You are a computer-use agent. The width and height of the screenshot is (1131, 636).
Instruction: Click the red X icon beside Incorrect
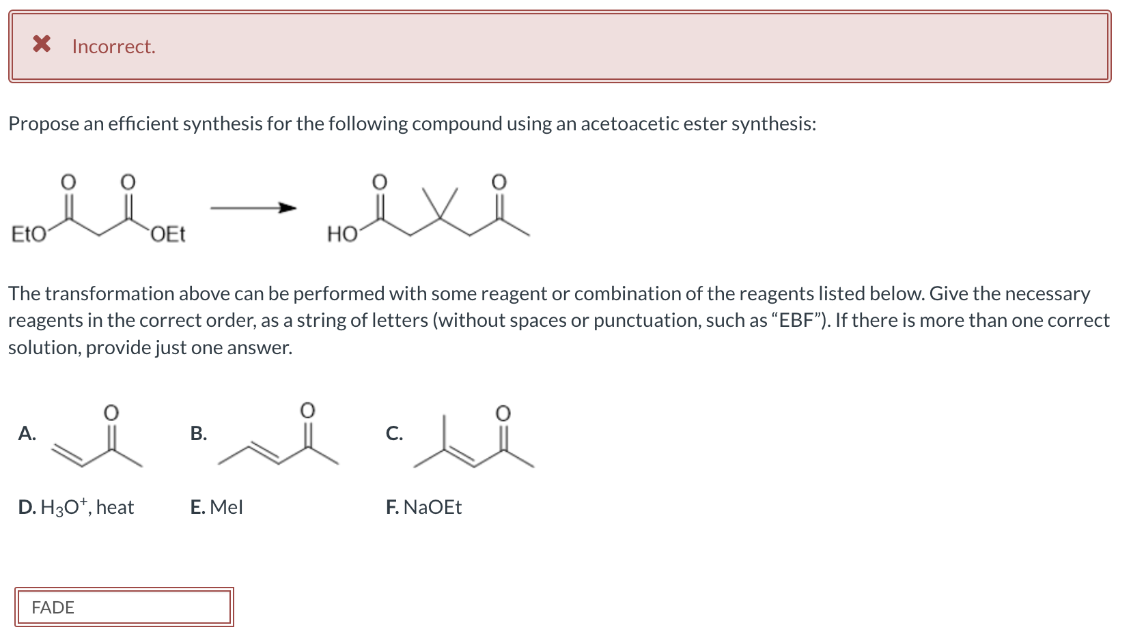tap(42, 44)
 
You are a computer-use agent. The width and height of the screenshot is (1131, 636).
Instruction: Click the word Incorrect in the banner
tap(113, 46)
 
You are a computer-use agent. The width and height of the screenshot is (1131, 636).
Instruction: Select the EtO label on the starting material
tap(29, 235)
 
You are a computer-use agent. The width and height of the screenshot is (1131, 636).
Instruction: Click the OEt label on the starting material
tap(167, 235)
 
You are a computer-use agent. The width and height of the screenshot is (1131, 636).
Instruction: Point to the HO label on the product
tap(342, 235)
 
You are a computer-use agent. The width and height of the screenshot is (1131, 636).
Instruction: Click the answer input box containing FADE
tap(124, 607)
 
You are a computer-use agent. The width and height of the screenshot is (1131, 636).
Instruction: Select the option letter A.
tap(27, 433)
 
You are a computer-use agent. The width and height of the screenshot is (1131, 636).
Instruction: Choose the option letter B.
tap(198, 433)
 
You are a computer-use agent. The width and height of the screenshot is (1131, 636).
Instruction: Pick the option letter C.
tap(393, 433)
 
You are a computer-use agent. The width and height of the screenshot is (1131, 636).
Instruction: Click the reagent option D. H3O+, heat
tap(76, 507)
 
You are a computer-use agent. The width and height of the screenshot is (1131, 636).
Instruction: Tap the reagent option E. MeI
tap(217, 507)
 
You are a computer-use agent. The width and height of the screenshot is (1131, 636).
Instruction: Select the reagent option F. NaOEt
tap(423, 507)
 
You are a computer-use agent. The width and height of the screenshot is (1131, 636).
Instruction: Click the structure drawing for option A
tap(99, 440)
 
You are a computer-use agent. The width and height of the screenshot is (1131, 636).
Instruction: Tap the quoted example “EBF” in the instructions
tap(800, 320)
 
